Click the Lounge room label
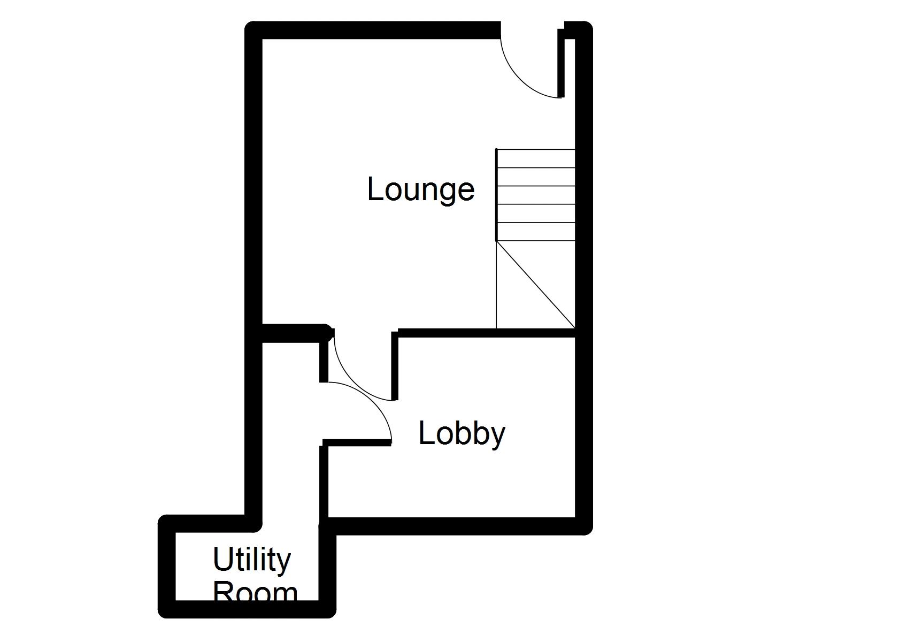[x=421, y=190]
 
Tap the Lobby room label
[x=462, y=433]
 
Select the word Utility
[x=251, y=560]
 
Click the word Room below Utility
[x=255, y=593]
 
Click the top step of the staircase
[x=536, y=158]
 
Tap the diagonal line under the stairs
[x=536, y=285]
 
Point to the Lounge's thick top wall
[x=374, y=30]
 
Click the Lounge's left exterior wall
[x=253, y=177]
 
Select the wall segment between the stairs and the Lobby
[x=487, y=333]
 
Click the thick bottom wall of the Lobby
[x=455, y=526]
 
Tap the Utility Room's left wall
[x=167, y=567]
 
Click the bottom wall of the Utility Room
[x=246, y=609]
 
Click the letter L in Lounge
[x=375, y=189]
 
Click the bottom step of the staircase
[x=536, y=232]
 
